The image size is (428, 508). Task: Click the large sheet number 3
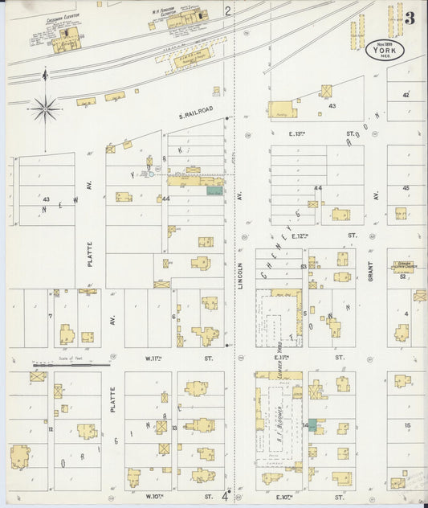pos(410,17)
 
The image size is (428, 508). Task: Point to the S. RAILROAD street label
pos(196,116)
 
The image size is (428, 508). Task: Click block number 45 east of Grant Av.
pos(406,188)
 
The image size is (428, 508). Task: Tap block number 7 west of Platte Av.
pos(50,316)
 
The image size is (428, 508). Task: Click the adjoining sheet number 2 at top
pos(228,10)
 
